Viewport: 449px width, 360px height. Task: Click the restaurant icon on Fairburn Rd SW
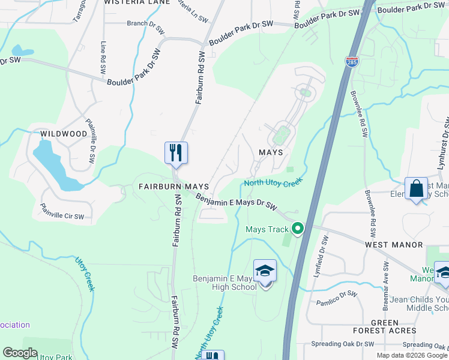click(x=176, y=152)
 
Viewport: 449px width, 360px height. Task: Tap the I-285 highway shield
click(x=352, y=61)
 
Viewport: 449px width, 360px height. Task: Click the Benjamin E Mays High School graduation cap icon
click(x=265, y=272)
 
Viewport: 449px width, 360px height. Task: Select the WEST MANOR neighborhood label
click(x=393, y=245)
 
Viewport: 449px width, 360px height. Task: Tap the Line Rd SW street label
click(x=103, y=58)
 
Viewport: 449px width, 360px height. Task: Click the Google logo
click(x=20, y=353)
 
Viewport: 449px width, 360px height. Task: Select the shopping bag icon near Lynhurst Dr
click(x=415, y=188)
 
